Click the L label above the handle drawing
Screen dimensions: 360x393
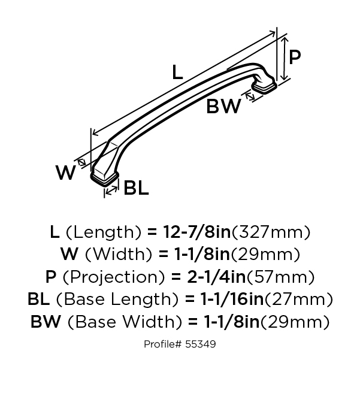tap(177, 72)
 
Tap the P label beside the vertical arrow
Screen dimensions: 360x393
tap(295, 57)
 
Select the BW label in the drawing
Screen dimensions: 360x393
tap(223, 106)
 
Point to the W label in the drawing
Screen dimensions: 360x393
tap(66, 173)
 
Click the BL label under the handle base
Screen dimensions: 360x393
tap(136, 188)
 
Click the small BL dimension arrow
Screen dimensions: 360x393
tap(111, 191)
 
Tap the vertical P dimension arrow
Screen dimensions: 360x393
tap(284, 59)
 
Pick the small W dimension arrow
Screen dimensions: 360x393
tap(81, 163)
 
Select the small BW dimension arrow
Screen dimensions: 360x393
tap(250, 96)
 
